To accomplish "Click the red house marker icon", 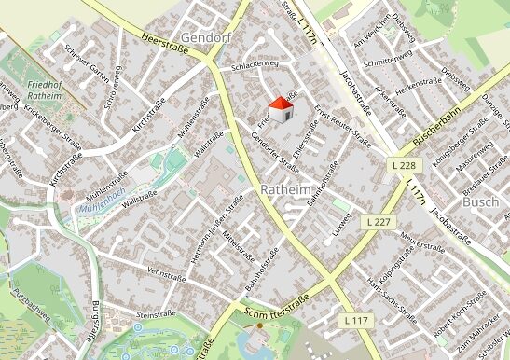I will coord(281,108).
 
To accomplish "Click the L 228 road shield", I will coord(401,164).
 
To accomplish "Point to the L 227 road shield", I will coord(378,222).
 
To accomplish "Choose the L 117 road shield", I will coord(355,321).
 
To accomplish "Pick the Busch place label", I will coord(479,201).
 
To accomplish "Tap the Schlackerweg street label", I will coord(255,63).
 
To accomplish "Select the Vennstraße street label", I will coord(167,274).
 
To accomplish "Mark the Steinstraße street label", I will coord(155,316).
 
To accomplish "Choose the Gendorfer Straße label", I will coord(274,153).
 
